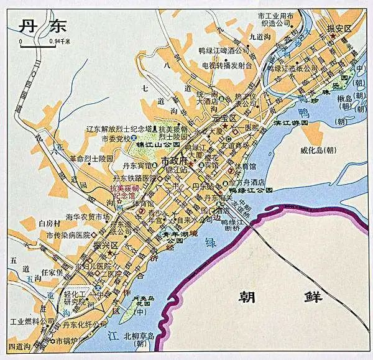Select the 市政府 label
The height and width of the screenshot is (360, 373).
tap(174, 160)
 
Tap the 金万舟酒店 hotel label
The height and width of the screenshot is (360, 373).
tap(248, 183)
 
